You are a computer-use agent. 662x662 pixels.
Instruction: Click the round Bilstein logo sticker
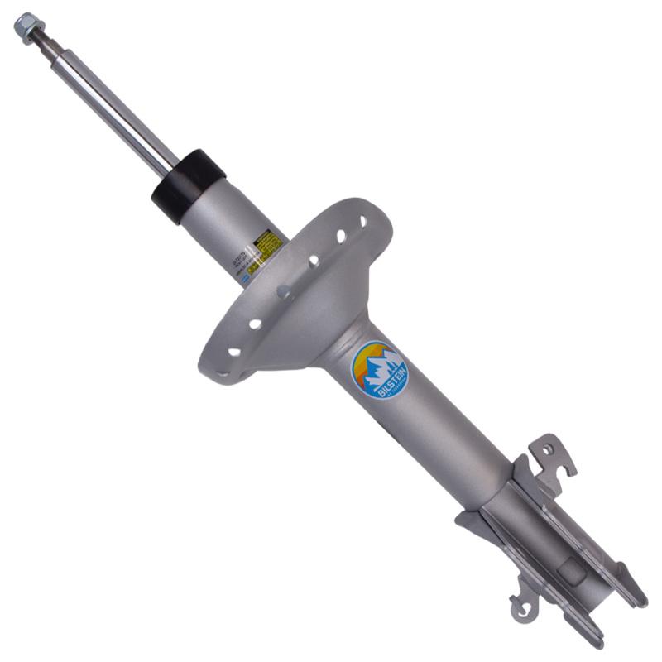(380, 370)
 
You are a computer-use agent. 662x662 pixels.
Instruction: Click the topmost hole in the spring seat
(362, 222)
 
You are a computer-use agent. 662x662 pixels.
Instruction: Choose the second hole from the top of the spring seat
(341, 237)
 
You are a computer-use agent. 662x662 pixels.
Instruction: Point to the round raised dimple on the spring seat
(284, 292)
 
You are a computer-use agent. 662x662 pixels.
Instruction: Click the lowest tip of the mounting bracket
(600, 642)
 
